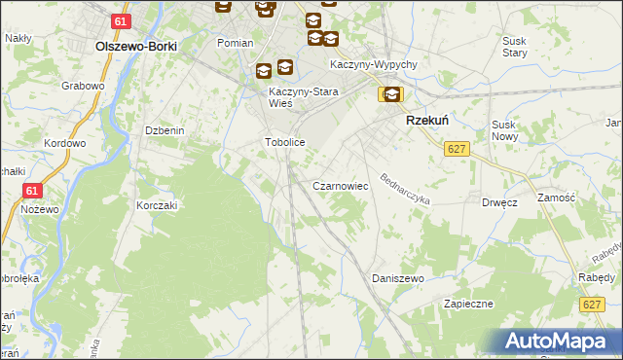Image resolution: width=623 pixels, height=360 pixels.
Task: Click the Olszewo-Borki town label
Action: click(x=134, y=45)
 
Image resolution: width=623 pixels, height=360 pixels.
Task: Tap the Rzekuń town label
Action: click(x=425, y=121)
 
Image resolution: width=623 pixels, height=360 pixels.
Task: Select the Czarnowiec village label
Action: click(x=339, y=185)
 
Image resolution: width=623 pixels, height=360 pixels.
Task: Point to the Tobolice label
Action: click(x=286, y=142)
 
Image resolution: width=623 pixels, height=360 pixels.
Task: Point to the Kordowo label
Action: click(x=65, y=143)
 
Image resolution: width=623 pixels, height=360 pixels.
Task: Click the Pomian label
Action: click(x=236, y=43)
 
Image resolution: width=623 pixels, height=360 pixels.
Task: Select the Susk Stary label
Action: click(x=514, y=47)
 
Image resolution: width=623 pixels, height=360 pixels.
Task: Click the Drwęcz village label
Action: click(x=499, y=203)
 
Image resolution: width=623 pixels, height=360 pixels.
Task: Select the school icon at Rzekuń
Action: click(x=390, y=94)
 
